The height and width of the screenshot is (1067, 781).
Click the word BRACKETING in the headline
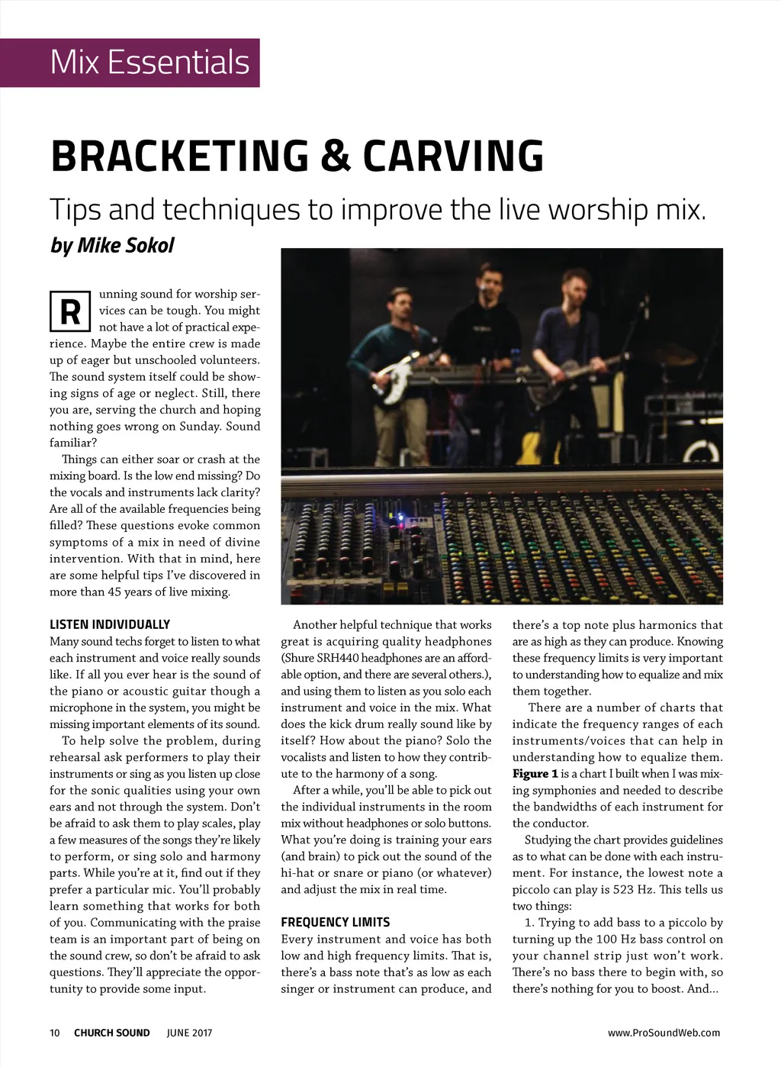tap(180, 156)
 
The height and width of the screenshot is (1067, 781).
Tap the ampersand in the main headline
tap(336, 156)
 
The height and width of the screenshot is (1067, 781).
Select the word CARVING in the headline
tap(453, 156)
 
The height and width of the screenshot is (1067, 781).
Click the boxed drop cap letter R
tap(70, 311)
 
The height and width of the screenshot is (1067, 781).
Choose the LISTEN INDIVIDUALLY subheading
tap(110, 624)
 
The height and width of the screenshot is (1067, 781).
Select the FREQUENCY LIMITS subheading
tap(335, 922)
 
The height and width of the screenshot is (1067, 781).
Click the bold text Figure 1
tap(535, 774)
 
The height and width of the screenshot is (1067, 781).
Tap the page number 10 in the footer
tap(55, 1033)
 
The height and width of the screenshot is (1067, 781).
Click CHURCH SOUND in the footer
tap(112, 1033)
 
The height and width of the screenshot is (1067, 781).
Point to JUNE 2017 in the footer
tap(189, 1033)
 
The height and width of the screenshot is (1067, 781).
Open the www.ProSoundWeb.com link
tap(664, 1033)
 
